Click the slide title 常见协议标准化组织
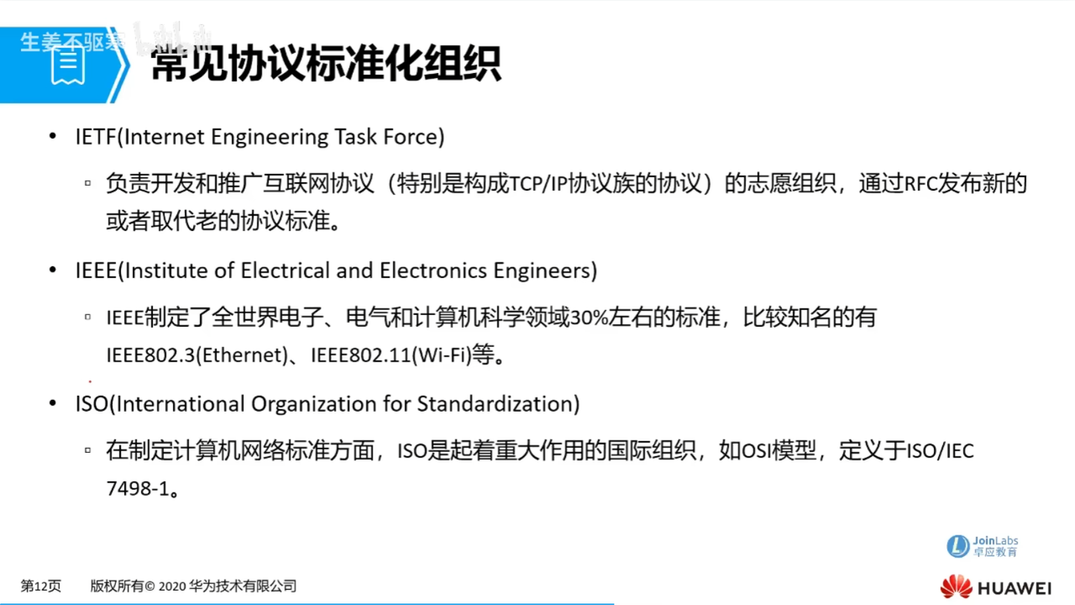[326, 63]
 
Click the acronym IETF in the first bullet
[93, 137]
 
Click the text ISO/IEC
[940, 451]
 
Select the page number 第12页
[41, 587]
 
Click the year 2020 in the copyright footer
[171, 587]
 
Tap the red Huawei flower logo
[956, 587]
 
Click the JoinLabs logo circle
[958, 546]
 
